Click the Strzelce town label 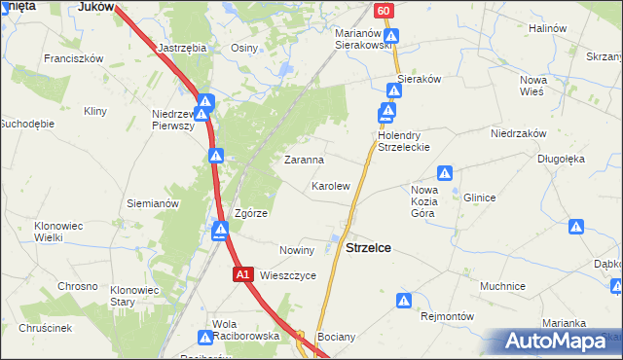click(x=369, y=248)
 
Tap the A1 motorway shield click(x=243, y=276)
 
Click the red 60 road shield click(x=385, y=10)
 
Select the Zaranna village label click(x=304, y=159)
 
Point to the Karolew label click(x=330, y=185)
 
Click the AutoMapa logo click(x=555, y=342)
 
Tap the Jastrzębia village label click(x=182, y=46)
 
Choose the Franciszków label click(x=73, y=58)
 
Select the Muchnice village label click(x=503, y=287)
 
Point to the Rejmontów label click(x=446, y=316)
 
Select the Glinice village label click(x=479, y=198)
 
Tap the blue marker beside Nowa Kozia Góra click(x=445, y=173)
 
